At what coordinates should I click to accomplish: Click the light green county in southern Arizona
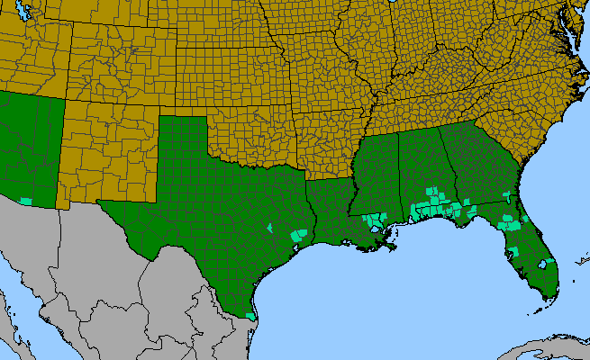coord(26,200)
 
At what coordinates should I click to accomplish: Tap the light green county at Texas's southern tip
coord(251,316)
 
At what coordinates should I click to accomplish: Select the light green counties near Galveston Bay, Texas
coord(298,234)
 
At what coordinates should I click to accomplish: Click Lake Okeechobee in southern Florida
coord(543,264)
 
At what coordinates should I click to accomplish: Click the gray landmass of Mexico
coord(135,288)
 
